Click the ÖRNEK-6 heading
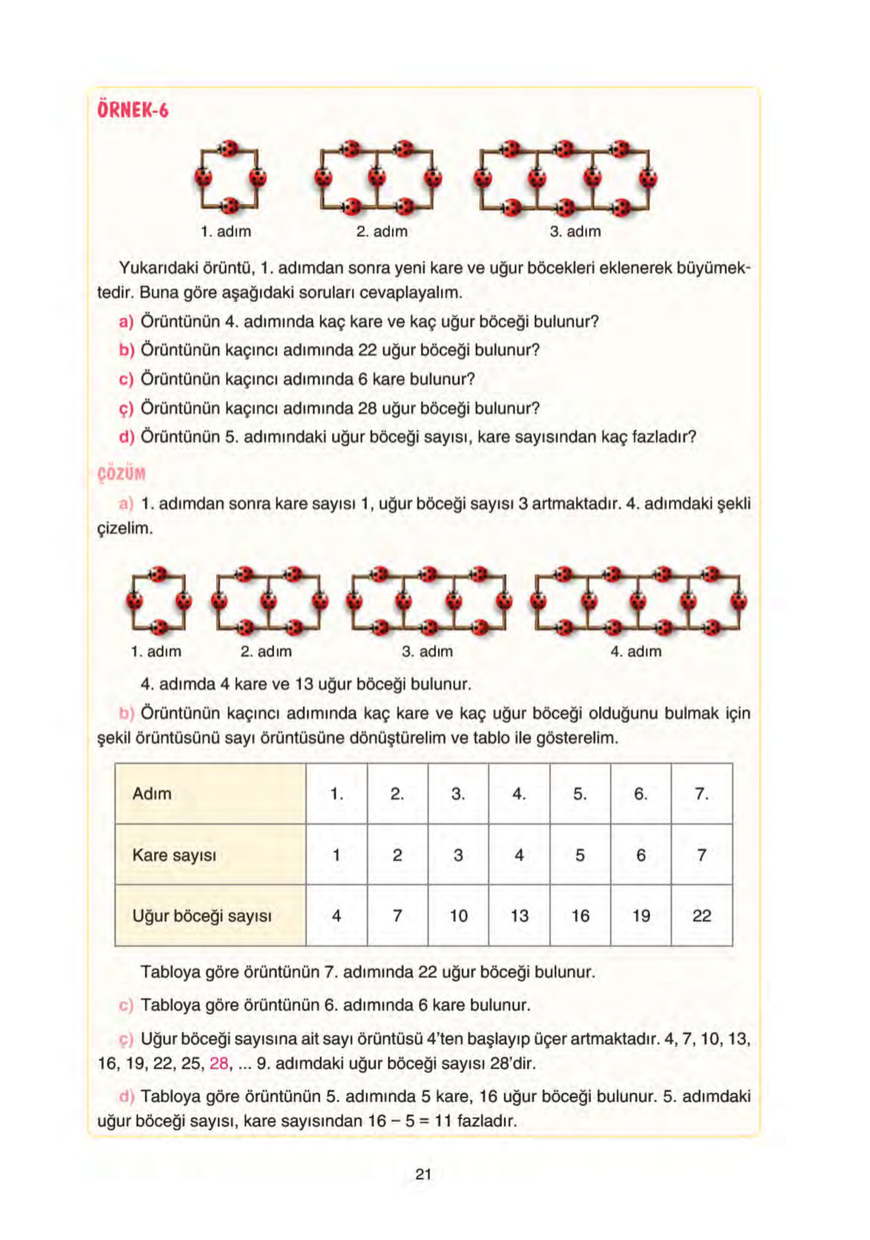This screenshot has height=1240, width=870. coord(133,110)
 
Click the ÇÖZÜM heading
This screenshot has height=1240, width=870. coord(122,474)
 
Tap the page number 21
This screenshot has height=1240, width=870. coord(423,1173)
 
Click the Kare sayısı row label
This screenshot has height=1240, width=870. coord(174,855)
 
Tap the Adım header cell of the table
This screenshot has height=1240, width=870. coord(152,793)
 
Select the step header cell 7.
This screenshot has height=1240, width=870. coord(701,793)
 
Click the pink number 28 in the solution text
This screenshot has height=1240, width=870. coord(219,1064)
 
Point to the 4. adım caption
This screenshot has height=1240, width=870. coord(636,651)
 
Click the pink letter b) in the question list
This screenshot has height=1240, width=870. coord(126,350)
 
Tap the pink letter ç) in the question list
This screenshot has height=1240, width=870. coord(126,409)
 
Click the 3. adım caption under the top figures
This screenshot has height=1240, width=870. coord(575,231)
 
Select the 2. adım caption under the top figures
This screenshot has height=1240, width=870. coord(382,231)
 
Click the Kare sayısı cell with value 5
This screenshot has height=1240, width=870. coord(579,855)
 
